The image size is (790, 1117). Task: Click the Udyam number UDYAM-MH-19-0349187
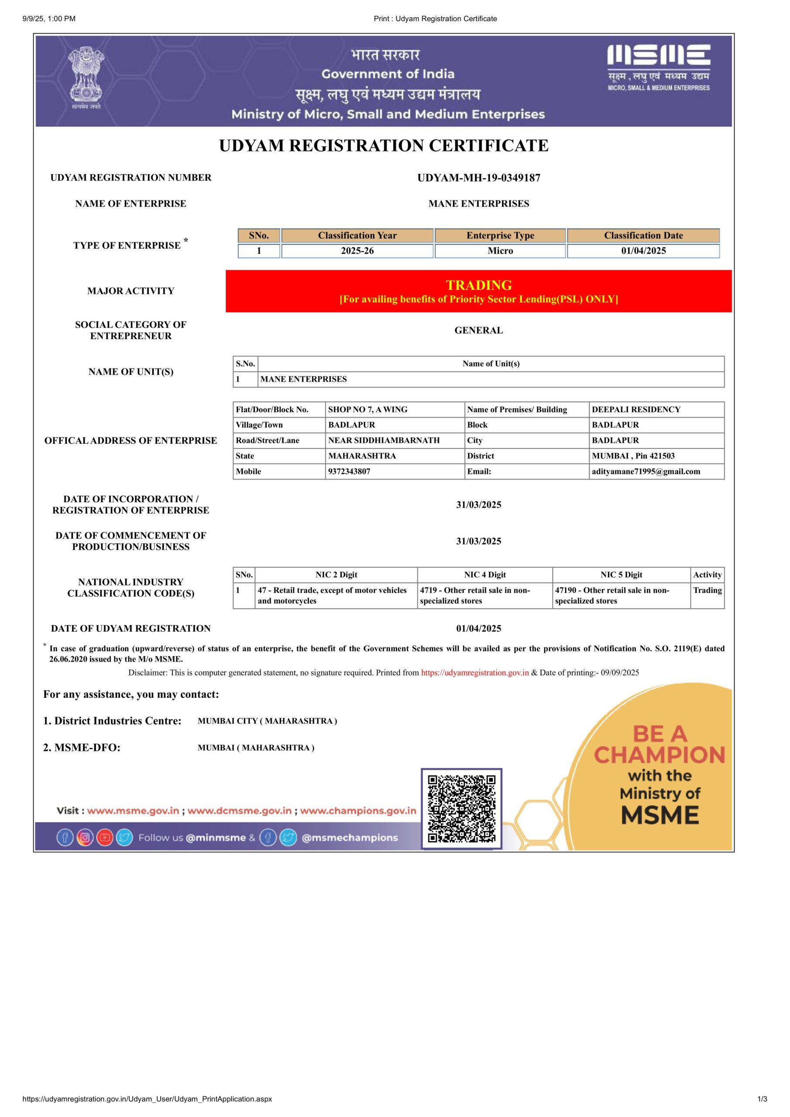tap(478, 178)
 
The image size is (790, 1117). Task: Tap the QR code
tap(461, 809)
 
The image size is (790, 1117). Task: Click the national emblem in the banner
tap(86, 78)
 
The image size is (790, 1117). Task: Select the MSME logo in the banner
tap(658, 68)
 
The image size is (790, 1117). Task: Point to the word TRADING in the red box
tap(478, 285)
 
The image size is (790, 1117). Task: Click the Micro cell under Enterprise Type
tap(500, 251)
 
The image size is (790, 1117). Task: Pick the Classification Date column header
tap(643, 236)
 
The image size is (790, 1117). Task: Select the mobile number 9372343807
tap(349, 471)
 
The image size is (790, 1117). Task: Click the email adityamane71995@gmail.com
tap(646, 471)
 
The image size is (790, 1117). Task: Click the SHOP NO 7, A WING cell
tap(368, 410)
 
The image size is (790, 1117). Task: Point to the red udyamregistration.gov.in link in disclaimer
tap(474, 673)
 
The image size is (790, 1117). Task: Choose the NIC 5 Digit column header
tap(621, 575)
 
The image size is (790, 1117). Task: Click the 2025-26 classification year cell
tap(357, 251)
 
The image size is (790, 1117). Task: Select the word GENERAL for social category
tap(478, 330)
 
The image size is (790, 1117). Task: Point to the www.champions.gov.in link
tap(358, 811)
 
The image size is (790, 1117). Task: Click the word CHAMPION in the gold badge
tap(659, 755)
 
